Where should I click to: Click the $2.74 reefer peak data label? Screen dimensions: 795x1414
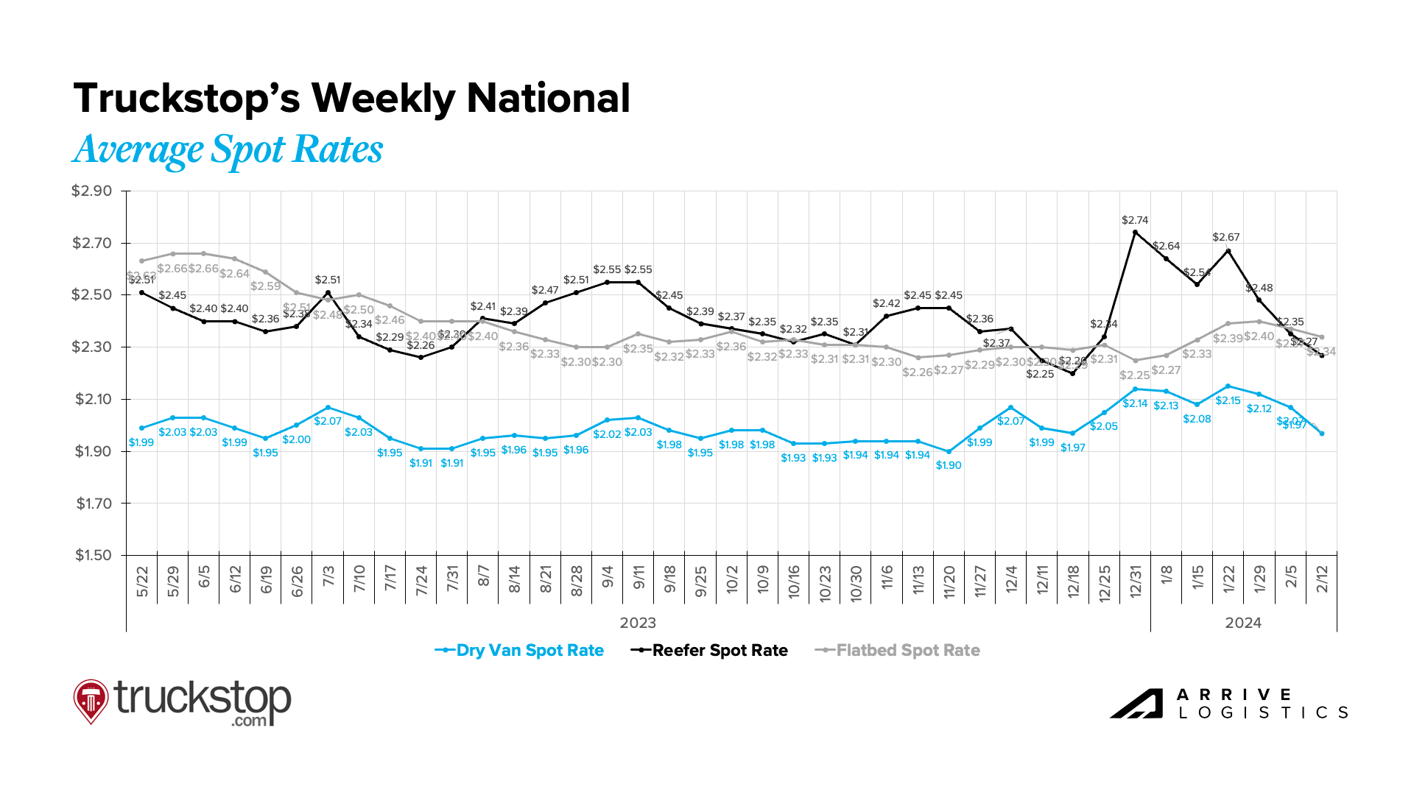pos(1135,220)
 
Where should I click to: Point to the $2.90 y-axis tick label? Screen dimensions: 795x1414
pos(92,191)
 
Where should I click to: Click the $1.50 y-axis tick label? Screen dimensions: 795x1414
pos(94,555)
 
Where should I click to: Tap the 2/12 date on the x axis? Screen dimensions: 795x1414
pos(1323,579)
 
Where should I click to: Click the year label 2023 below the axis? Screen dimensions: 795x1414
pos(638,623)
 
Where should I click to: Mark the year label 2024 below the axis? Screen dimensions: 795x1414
pos(1243,623)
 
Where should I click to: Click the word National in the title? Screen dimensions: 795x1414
pos(549,98)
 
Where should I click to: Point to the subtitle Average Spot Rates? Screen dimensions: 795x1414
pos(228,149)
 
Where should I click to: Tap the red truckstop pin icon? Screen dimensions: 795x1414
pos(91,700)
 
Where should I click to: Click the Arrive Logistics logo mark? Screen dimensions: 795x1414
pos(1136,704)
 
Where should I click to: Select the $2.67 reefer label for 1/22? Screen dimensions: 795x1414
pos(1226,237)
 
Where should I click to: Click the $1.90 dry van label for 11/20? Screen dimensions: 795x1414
pos(949,465)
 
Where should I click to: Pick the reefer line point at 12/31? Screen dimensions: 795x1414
pos(1135,233)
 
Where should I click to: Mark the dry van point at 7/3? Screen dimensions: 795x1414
pos(328,408)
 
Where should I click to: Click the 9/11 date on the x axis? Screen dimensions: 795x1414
pos(639,579)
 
